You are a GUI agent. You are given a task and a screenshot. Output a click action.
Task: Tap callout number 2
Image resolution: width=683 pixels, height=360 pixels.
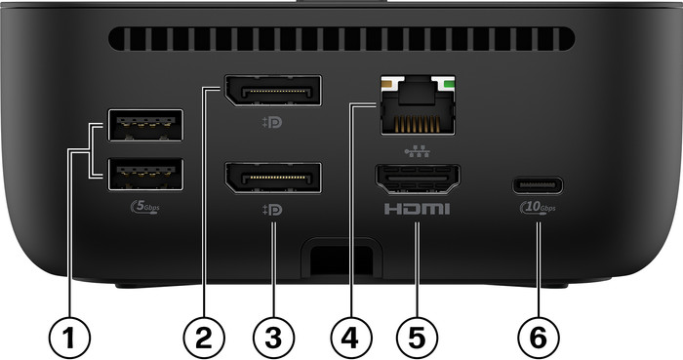[204, 339]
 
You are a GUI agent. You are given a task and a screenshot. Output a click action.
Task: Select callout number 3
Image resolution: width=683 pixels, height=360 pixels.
[273, 339]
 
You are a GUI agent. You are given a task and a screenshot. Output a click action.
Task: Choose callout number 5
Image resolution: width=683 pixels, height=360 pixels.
[417, 339]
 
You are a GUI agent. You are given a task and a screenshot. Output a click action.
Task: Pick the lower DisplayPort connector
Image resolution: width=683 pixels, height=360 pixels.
[274, 180]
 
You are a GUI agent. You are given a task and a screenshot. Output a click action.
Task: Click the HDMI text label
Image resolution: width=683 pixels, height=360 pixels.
[417, 210]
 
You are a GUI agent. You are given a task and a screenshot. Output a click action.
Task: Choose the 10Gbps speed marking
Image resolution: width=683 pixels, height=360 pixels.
[538, 209]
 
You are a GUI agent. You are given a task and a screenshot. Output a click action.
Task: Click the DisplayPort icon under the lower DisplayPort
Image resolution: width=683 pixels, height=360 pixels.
[274, 210]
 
